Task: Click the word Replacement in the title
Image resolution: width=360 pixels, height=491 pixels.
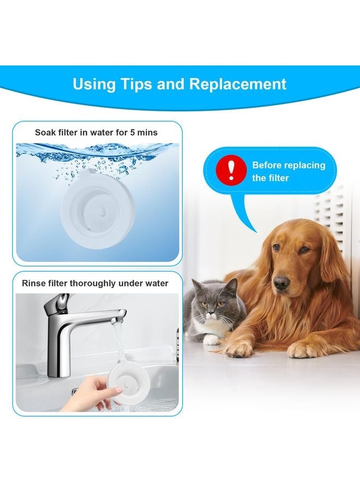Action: tap(238, 84)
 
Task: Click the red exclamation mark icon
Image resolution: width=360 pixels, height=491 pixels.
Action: tap(232, 170)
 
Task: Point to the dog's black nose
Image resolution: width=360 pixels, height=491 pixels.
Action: tap(281, 282)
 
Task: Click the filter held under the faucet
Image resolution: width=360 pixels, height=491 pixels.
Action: tap(133, 385)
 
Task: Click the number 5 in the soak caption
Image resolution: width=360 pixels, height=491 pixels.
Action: tap(139, 132)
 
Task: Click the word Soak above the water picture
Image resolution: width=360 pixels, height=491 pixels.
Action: tap(46, 132)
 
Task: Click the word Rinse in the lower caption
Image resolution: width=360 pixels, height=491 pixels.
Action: tap(34, 283)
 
